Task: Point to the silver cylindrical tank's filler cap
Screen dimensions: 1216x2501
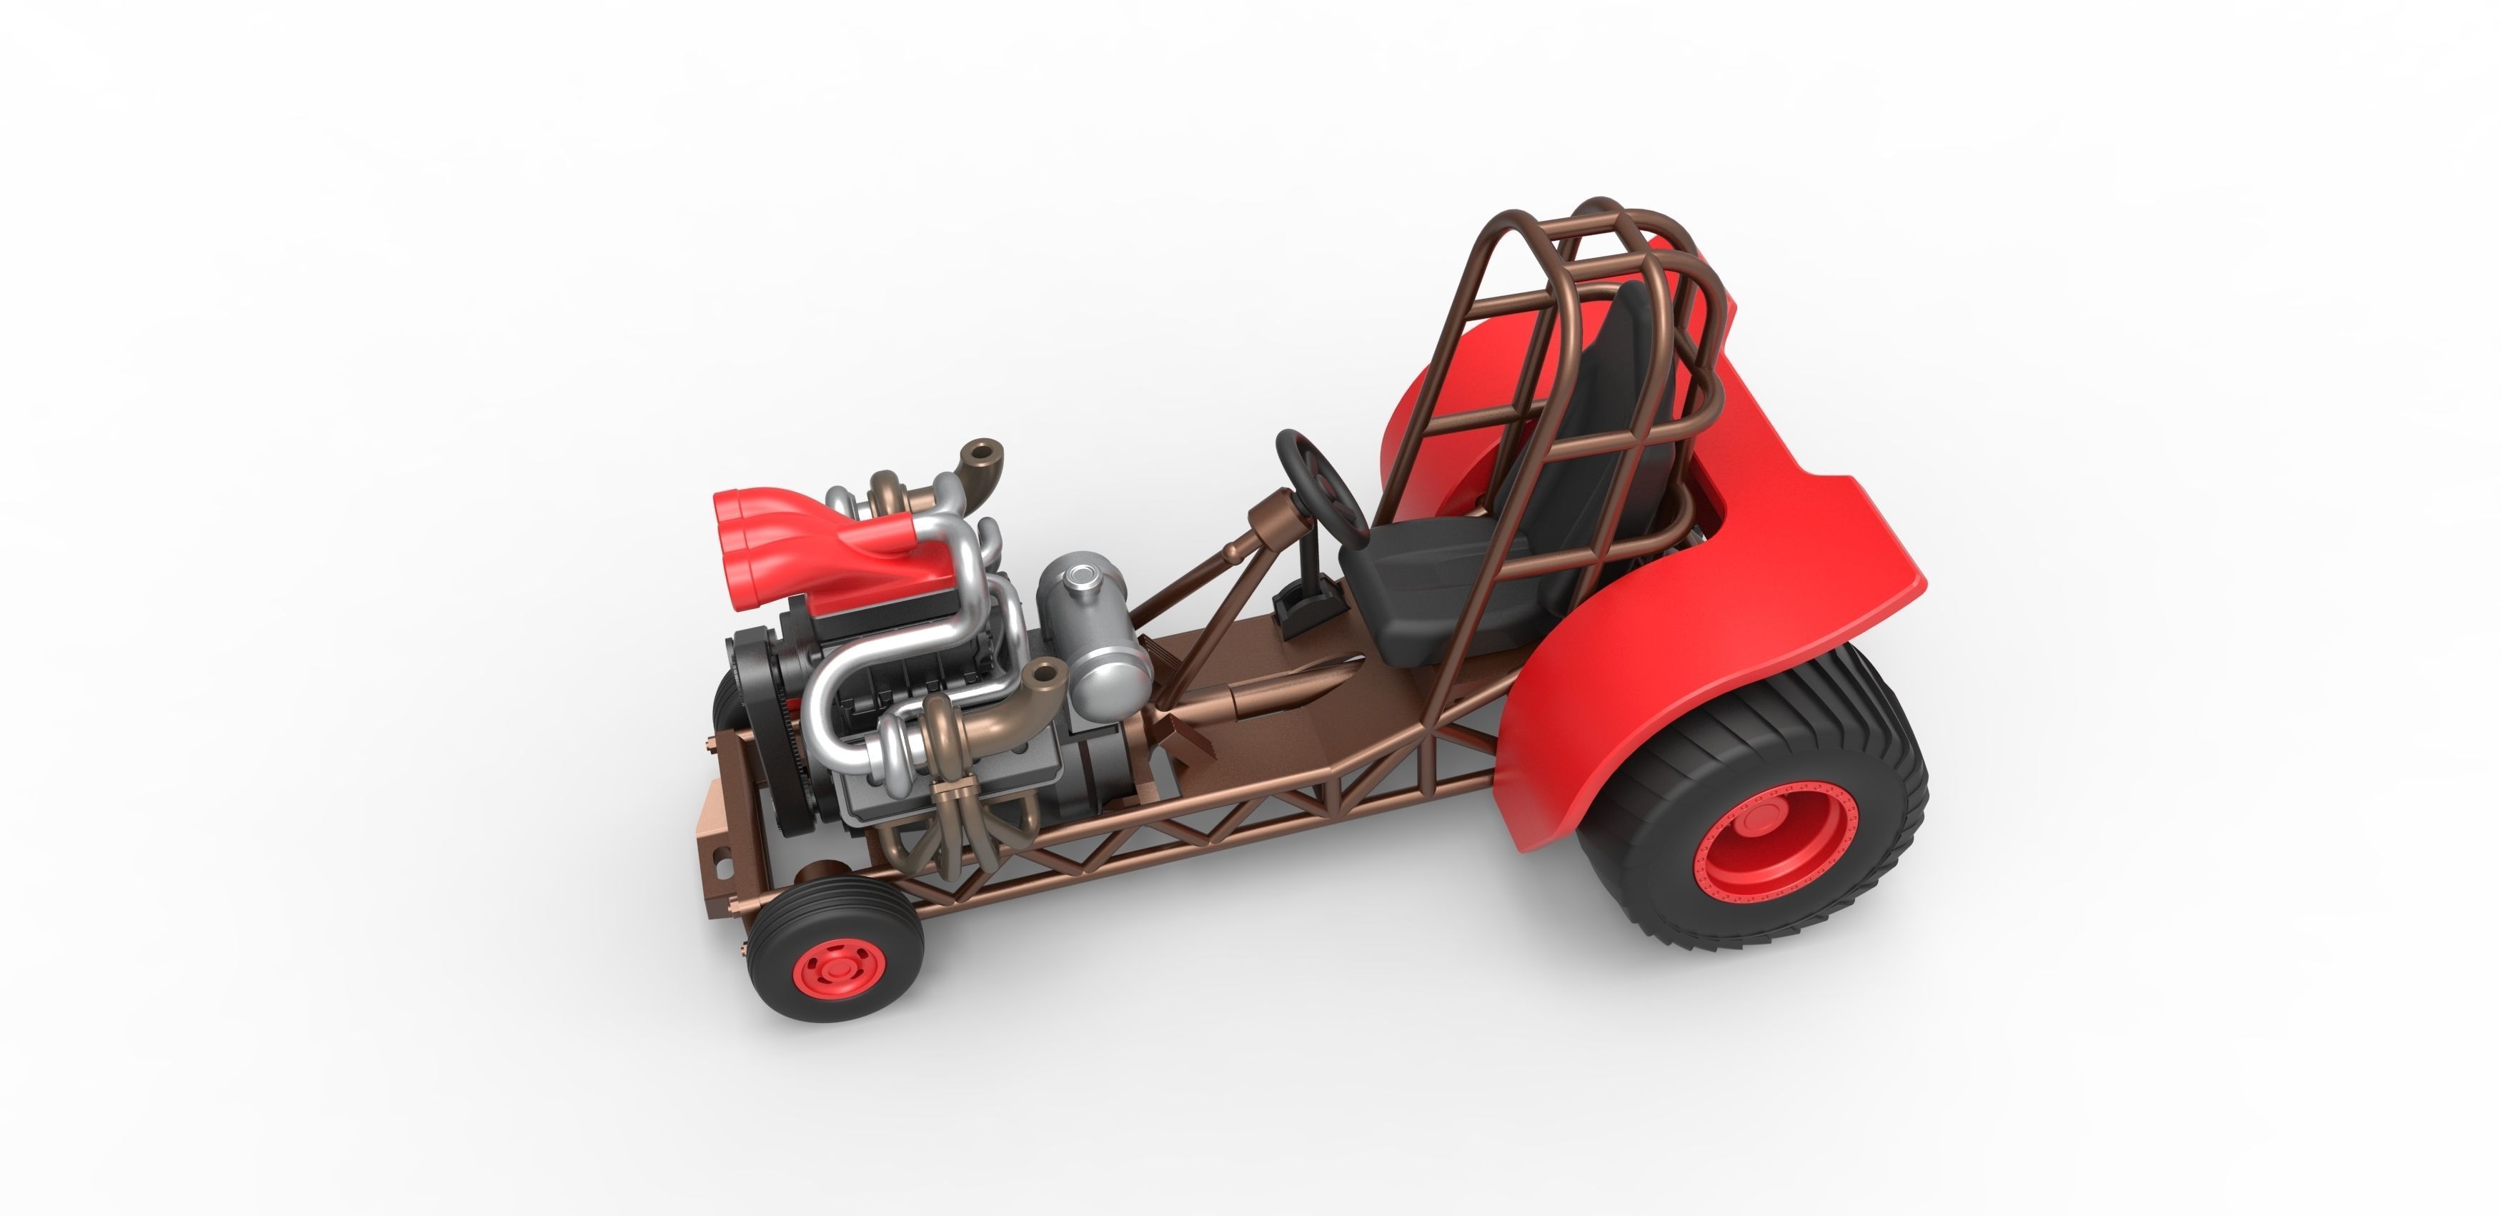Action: (1080, 580)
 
